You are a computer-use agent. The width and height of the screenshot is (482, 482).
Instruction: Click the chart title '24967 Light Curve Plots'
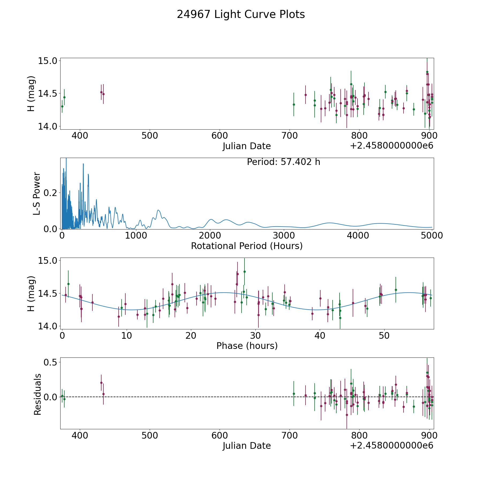tap(241, 14)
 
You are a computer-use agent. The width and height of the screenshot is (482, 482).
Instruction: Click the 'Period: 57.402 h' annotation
tap(283, 162)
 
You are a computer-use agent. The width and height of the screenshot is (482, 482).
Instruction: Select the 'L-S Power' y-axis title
tap(37, 193)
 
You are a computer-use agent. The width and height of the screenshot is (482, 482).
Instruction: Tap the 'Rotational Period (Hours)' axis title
tap(247, 246)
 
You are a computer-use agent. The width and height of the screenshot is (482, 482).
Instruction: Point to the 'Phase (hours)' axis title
tap(247, 346)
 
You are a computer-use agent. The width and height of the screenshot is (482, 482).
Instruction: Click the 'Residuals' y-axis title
tap(37, 394)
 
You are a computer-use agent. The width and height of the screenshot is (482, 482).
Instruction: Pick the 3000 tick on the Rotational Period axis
tap(284, 236)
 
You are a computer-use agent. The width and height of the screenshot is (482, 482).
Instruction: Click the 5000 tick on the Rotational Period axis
tap(432, 236)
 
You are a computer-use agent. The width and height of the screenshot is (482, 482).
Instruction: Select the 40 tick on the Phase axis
tap(320, 336)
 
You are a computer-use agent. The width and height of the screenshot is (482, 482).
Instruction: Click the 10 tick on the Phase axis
tap(126, 336)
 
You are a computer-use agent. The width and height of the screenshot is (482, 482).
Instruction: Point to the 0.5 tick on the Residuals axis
tap(51, 362)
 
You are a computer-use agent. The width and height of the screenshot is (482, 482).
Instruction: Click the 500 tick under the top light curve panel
tap(150, 136)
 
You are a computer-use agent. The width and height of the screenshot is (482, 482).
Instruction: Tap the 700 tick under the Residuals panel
tap(289, 436)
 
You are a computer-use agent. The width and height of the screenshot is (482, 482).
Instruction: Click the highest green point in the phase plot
tap(244, 272)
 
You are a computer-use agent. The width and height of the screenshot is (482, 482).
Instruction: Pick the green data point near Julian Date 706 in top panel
tap(294, 104)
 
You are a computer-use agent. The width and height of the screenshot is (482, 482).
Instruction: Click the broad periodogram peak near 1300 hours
tap(158, 210)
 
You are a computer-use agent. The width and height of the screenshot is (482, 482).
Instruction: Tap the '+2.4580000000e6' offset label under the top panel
tap(391, 146)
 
